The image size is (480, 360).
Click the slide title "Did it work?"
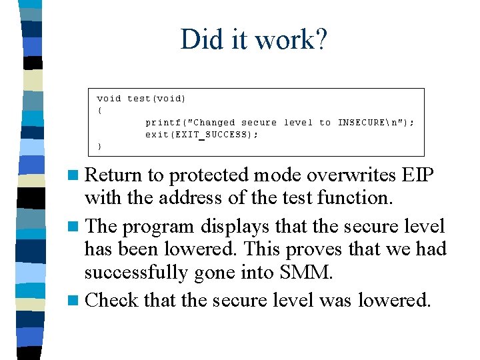coord(253,39)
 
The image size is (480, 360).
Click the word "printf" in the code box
coord(161,123)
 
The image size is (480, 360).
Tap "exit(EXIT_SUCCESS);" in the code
coord(201,135)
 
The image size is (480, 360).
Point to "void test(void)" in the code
coord(141,99)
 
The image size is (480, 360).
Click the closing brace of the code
coord(100,146)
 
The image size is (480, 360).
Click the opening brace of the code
coord(100,111)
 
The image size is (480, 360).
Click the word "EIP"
coord(418,175)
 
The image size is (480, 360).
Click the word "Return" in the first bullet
coord(113,175)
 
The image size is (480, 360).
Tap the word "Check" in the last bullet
coord(112,301)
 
